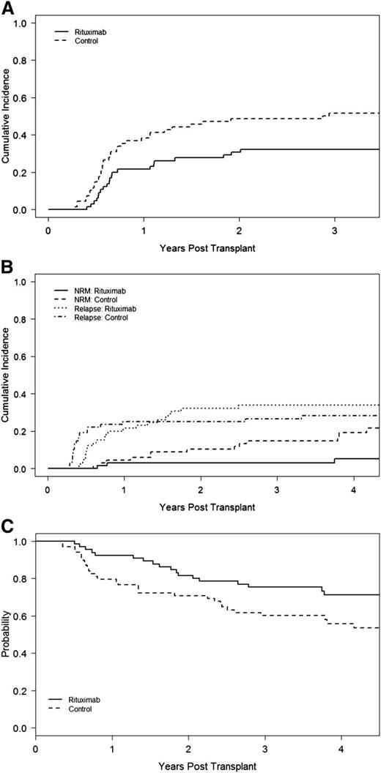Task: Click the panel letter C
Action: [6, 526]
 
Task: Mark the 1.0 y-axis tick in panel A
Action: [21, 23]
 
